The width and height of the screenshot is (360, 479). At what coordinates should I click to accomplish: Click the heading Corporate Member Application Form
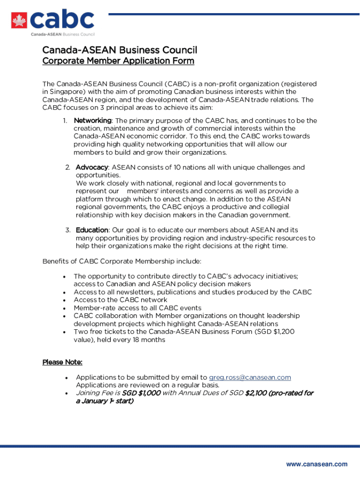(118, 61)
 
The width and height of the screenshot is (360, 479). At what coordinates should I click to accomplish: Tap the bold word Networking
(93, 121)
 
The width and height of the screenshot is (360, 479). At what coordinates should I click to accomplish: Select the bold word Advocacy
(92, 167)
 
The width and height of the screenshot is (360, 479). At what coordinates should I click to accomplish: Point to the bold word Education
(92, 230)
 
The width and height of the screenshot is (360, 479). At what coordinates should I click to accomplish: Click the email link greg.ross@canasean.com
(250, 377)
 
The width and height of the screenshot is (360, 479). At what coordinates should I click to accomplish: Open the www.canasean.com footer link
(317, 464)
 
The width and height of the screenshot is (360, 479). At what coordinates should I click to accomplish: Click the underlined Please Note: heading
(63, 363)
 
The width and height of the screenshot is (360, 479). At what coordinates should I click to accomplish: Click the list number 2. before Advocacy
(68, 167)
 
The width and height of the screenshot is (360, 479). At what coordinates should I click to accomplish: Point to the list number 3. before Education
(68, 230)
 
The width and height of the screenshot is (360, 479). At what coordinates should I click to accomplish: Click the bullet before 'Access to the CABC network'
(64, 300)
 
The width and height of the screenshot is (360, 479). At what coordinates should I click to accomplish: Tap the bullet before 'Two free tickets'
(64, 332)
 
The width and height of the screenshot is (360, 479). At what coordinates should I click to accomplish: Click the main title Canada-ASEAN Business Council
(120, 50)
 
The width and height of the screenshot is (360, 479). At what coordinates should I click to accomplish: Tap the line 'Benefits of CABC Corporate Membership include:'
(122, 261)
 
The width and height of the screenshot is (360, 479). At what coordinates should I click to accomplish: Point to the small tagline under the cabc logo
(63, 35)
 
